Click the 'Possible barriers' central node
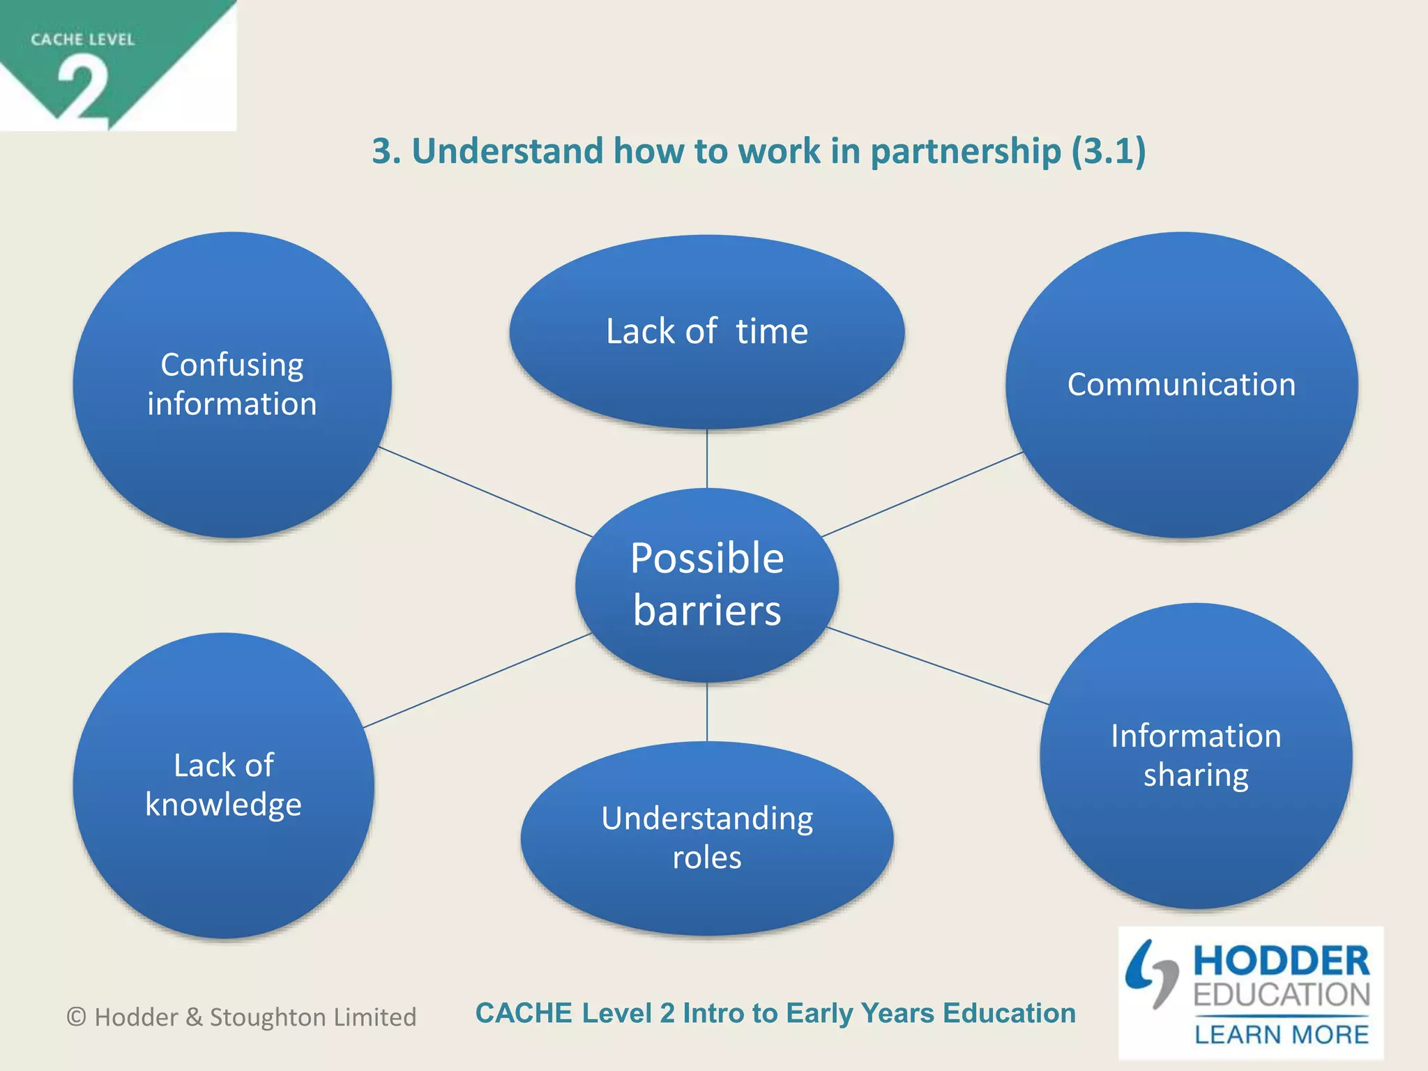[x=706, y=584]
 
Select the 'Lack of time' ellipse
[x=706, y=331]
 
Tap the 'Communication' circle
[x=1181, y=385]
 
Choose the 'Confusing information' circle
[x=231, y=384]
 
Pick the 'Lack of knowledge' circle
[x=223, y=785]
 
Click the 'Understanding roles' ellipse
[x=706, y=837]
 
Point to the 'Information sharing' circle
[x=1195, y=755]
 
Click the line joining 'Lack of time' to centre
[x=707, y=458]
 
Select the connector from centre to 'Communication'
[x=922, y=494]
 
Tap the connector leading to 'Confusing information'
[x=485, y=492]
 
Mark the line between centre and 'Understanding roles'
[x=707, y=711]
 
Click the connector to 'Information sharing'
[x=937, y=666]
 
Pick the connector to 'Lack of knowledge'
[x=477, y=681]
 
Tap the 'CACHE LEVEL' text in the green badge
[x=82, y=40]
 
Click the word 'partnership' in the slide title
[x=965, y=151]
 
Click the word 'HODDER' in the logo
[x=1281, y=961]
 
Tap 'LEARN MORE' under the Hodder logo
[x=1281, y=1034]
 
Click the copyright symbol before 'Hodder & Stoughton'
[x=76, y=1017]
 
